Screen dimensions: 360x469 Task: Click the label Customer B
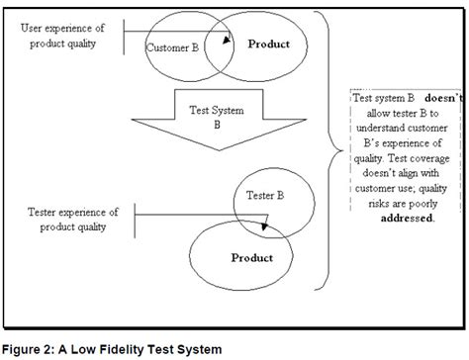(x=173, y=46)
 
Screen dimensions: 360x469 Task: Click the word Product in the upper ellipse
(x=268, y=44)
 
